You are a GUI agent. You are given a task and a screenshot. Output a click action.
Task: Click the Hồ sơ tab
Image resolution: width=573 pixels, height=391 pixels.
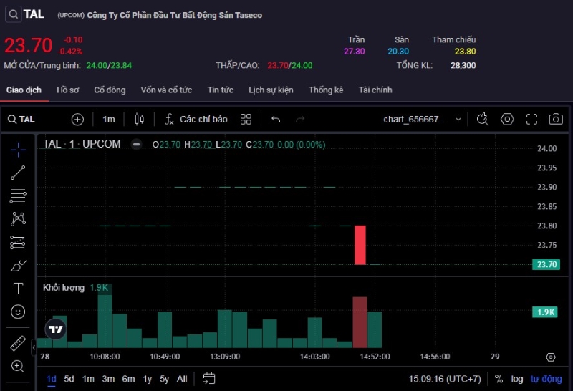tap(68, 90)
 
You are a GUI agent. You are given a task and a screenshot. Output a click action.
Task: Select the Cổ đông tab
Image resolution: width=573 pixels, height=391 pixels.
tap(110, 90)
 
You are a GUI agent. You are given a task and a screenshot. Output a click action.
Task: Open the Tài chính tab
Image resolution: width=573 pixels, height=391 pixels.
tap(375, 90)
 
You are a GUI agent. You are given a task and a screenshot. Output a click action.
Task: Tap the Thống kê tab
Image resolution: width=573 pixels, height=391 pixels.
tap(326, 90)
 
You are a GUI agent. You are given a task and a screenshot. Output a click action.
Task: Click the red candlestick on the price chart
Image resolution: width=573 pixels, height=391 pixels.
tap(360, 245)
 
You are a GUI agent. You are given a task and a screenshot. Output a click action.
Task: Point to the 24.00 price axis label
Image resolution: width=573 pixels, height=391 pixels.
tap(546, 149)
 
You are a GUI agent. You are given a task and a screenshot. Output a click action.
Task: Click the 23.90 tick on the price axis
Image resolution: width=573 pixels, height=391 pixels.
tap(546, 188)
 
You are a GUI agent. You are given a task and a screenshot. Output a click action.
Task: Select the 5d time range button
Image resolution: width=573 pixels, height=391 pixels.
tap(69, 379)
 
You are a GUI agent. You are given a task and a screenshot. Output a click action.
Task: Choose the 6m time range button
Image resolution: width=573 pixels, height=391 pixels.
tap(128, 379)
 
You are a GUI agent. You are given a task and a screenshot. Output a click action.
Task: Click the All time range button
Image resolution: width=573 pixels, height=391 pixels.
tap(182, 379)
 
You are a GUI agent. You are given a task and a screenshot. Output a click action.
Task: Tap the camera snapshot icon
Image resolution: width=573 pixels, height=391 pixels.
tap(555, 120)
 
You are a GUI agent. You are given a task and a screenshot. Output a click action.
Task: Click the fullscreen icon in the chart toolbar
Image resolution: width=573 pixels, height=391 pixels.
tap(531, 120)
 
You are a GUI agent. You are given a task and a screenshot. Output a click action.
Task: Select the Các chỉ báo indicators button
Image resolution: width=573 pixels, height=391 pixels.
tap(196, 120)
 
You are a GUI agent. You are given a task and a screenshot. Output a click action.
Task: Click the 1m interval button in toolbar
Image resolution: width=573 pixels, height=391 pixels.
tap(109, 120)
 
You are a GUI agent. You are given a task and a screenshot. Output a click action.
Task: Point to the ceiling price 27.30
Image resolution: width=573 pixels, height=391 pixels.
tap(355, 52)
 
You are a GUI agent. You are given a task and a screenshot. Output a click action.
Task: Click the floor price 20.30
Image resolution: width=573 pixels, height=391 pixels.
tap(398, 52)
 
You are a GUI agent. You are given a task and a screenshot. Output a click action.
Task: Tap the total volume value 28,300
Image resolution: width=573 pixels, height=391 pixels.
tap(463, 65)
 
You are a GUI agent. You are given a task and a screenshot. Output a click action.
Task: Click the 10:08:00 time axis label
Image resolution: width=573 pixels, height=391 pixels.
tap(105, 357)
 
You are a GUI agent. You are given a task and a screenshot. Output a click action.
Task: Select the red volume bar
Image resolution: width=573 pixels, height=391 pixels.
tap(360, 322)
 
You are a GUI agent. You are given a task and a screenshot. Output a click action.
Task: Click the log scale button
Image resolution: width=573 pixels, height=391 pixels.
tap(517, 379)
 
